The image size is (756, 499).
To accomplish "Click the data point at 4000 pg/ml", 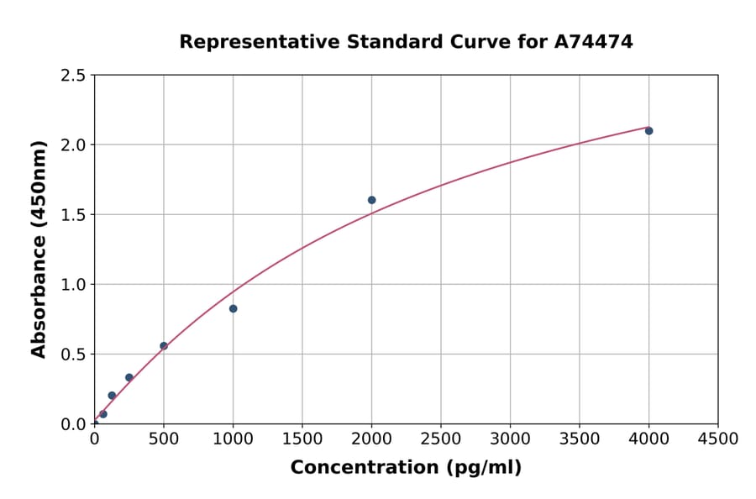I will [x=648, y=130].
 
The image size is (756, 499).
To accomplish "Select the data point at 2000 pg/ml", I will [x=371, y=200].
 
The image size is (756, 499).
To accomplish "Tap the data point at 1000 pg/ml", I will [x=233, y=308].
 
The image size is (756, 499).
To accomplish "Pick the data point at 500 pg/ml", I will [x=164, y=346].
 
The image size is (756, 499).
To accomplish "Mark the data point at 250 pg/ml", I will [x=129, y=377].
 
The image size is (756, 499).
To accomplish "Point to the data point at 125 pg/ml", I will [x=112, y=396].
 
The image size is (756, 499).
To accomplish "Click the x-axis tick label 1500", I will [x=302, y=439].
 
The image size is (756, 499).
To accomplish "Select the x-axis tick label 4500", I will [x=718, y=439].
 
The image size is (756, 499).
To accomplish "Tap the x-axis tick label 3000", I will [x=510, y=439].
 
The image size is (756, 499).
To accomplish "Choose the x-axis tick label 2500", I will [x=441, y=439].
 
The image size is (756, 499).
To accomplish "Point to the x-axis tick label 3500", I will [x=580, y=439].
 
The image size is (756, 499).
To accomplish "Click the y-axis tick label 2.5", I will [x=74, y=76].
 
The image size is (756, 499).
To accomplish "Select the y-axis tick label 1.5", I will [x=74, y=215].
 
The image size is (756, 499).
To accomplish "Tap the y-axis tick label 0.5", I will [x=74, y=355].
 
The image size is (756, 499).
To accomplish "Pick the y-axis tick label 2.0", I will [x=74, y=145].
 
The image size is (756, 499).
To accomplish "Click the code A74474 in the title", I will [x=594, y=41].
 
